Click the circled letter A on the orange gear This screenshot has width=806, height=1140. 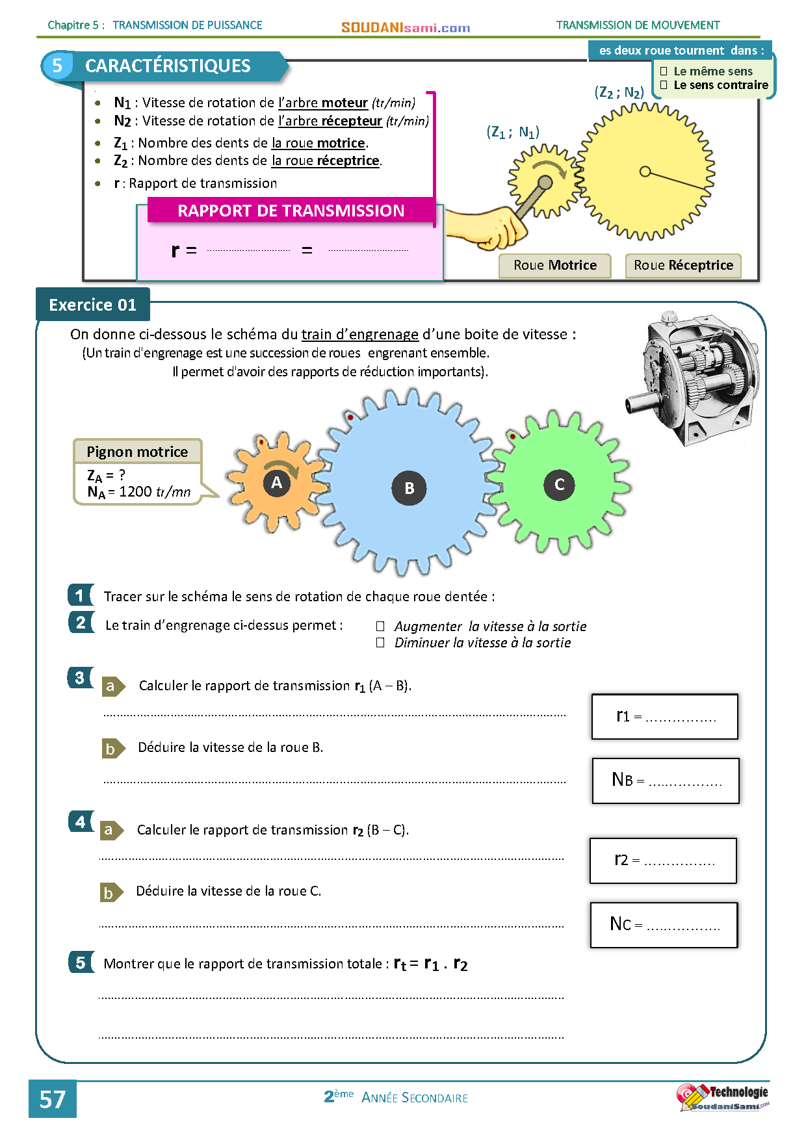tap(277, 483)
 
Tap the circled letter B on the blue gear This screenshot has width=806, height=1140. tap(409, 488)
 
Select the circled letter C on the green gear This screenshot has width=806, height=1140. tap(559, 484)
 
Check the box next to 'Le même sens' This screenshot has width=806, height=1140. tap(664, 71)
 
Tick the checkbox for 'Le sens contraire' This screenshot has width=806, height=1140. tap(664, 85)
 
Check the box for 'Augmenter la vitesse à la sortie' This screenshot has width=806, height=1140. tap(380, 627)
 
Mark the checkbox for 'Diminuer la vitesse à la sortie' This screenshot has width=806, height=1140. tap(380, 643)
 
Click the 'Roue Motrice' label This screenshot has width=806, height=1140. tap(554, 265)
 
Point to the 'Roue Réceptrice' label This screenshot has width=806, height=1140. tap(683, 265)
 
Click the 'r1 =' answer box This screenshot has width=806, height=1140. tap(664, 716)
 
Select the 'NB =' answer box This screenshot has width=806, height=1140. tap(666, 780)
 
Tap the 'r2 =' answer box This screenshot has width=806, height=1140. tap(663, 861)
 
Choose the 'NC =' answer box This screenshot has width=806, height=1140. tap(664, 924)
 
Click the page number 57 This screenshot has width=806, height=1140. tap(53, 1099)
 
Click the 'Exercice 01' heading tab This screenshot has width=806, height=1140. tap(93, 305)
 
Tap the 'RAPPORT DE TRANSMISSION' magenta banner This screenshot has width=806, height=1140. tap(291, 211)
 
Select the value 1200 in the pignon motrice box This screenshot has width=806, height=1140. tap(135, 491)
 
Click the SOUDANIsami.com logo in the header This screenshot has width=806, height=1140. tap(406, 27)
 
